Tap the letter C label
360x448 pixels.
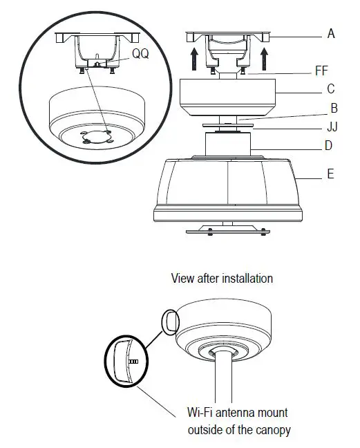(x=331, y=88)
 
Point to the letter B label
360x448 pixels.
(x=334, y=108)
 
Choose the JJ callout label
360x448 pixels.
(x=332, y=127)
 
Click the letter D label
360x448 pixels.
(x=329, y=146)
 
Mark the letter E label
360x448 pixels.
(x=330, y=174)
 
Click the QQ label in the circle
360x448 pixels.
(x=140, y=53)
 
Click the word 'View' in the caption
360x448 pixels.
(x=183, y=279)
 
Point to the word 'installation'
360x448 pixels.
(x=246, y=279)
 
